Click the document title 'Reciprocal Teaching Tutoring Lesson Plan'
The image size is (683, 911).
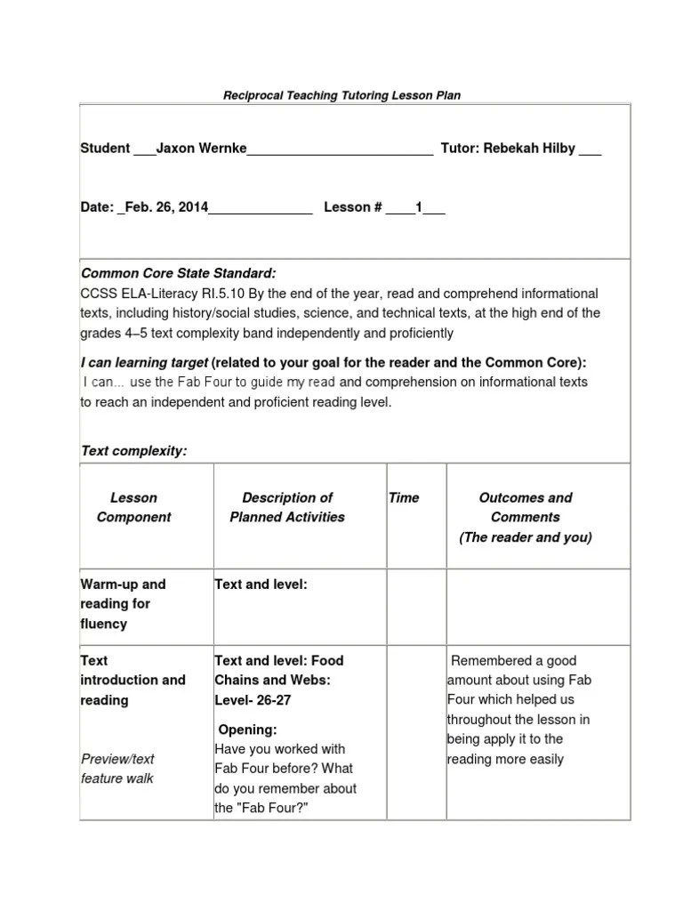(341, 95)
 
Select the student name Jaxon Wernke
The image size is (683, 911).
(202, 149)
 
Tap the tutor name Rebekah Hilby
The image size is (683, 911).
(529, 149)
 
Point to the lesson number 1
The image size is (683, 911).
(419, 207)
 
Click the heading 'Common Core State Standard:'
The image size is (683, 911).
(179, 273)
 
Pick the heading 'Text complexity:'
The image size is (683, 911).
(134, 451)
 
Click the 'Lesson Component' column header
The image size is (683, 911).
(133, 507)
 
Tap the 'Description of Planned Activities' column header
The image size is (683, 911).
(287, 507)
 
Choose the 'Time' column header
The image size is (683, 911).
(404, 498)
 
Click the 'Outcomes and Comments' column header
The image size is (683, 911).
(526, 507)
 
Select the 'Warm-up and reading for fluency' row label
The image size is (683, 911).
(123, 604)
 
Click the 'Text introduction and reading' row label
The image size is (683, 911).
(133, 680)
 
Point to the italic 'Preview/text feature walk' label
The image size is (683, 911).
(117, 769)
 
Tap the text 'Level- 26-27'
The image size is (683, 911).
(253, 700)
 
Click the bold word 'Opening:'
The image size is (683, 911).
(248, 730)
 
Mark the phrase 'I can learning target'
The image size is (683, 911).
(145, 363)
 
